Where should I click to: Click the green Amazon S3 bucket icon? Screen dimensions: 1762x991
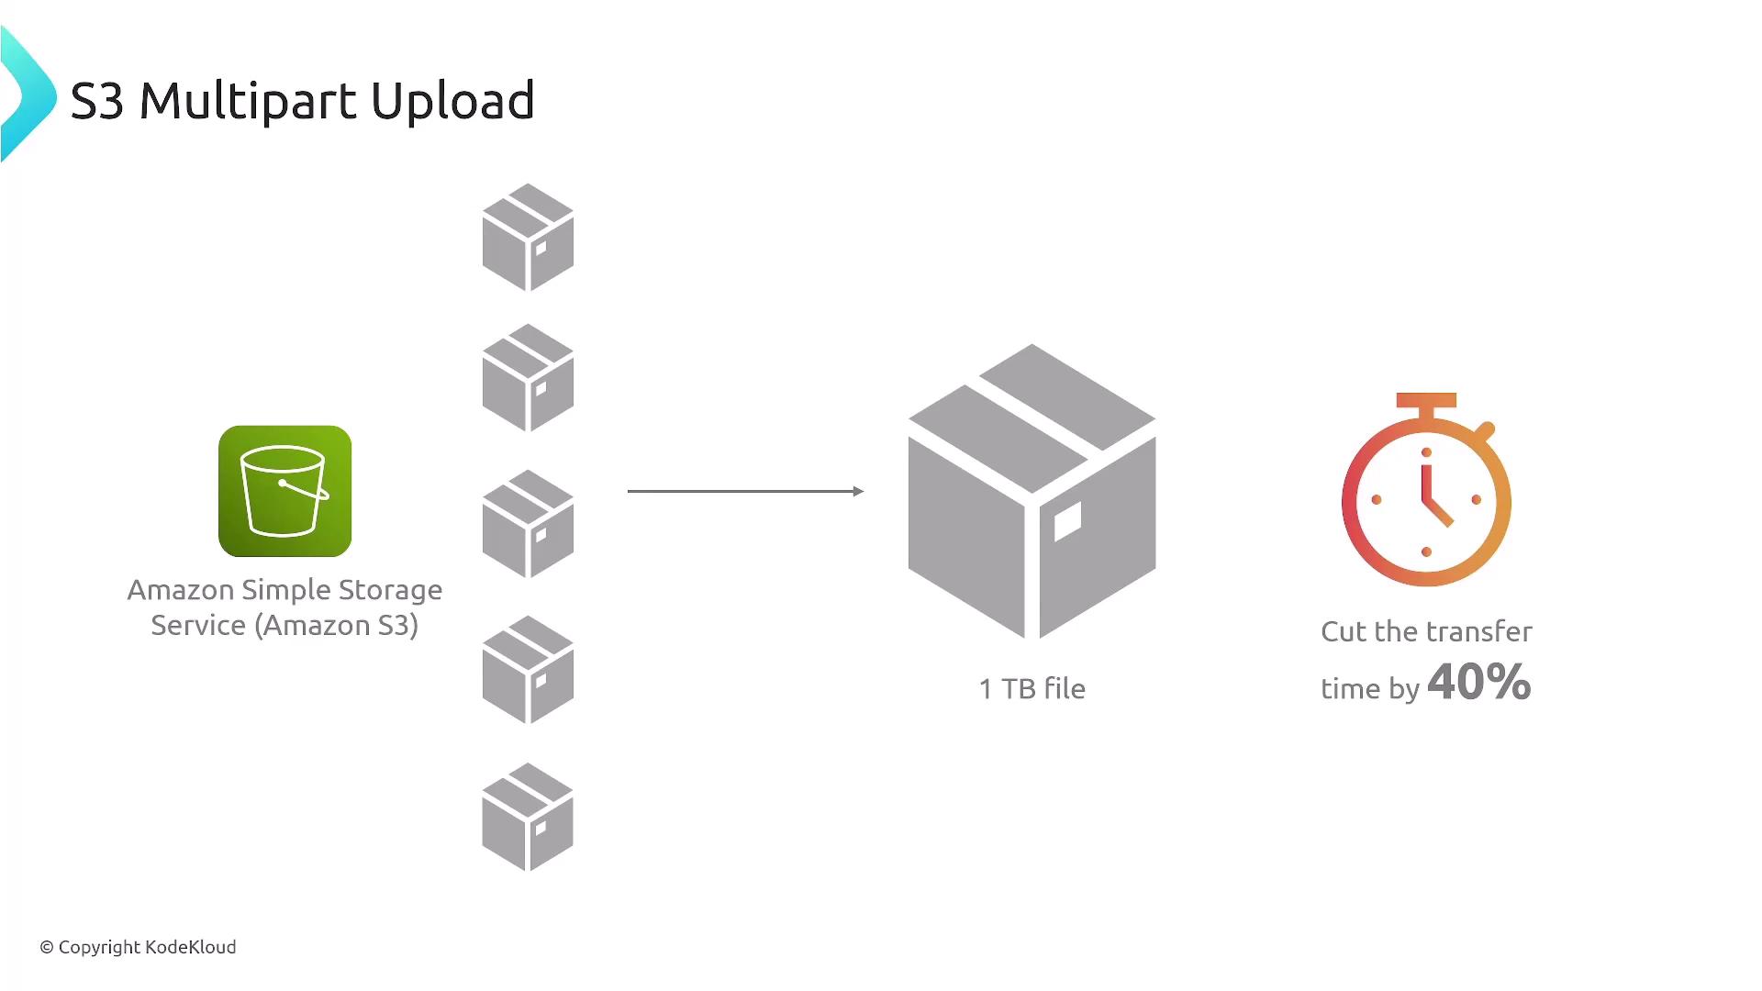[x=284, y=491]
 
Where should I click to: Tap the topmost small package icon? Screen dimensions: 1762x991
[x=528, y=237]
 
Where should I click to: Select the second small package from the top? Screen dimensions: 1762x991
[x=528, y=377]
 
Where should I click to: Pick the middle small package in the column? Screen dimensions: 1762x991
[x=528, y=524]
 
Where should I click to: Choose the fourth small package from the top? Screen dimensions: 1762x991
[x=528, y=670]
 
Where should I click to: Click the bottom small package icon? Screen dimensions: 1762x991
[x=528, y=817]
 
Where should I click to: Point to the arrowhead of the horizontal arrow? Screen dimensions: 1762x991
[x=859, y=491]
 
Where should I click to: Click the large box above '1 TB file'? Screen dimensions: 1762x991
[x=1032, y=491]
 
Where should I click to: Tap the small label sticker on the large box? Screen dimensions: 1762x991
[x=1067, y=522]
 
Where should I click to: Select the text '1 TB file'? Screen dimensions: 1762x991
[x=1032, y=688]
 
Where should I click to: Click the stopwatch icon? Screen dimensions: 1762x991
[x=1426, y=489]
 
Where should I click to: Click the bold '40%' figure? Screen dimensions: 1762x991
[x=1479, y=682]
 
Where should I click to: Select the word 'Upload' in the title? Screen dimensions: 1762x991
[x=452, y=102]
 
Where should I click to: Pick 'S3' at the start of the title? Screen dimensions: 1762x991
[x=97, y=101]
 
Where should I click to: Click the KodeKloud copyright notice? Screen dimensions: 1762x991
[x=138, y=947]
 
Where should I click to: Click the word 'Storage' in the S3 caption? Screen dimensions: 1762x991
[x=390, y=590]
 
